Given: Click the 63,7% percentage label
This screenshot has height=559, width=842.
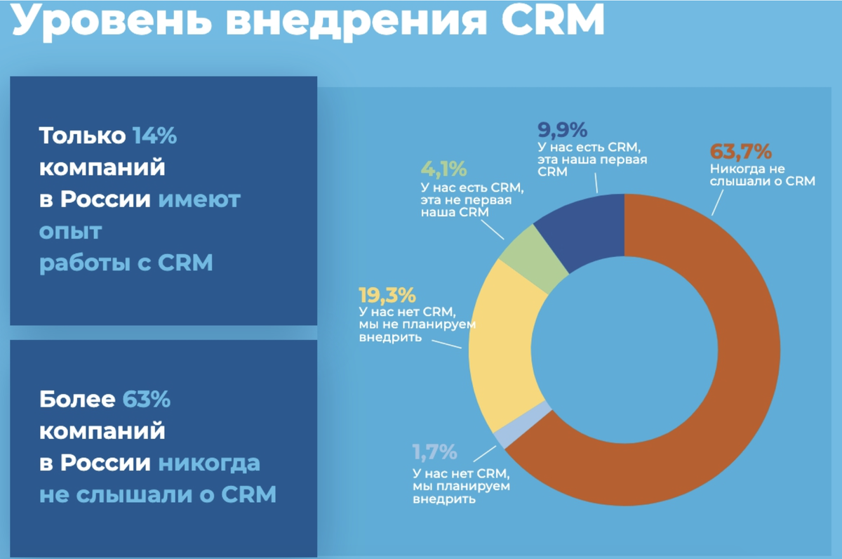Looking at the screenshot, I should (740, 152).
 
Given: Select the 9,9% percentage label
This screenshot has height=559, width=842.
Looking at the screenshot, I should (562, 130).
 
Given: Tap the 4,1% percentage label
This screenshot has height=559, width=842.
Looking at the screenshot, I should (443, 170).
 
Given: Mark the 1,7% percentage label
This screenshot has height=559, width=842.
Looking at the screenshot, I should (434, 451).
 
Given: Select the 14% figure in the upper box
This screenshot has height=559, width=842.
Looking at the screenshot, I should (155, 136).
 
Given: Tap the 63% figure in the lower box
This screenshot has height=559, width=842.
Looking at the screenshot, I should (147, 400).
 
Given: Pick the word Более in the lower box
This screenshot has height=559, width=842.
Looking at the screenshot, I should (77, 400).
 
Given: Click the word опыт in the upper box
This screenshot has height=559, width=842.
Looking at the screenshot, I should (71, 231).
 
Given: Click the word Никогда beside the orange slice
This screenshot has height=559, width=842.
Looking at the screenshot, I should (738, 169).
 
